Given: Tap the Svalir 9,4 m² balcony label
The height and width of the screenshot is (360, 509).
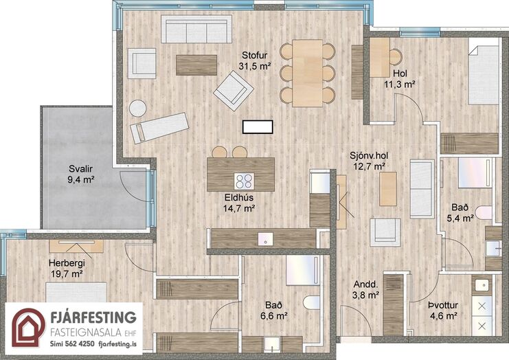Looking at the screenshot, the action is tap(81, 175).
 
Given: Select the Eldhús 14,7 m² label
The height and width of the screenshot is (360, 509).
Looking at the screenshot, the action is tap(239, 203).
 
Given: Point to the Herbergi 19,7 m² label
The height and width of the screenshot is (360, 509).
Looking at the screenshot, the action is tap(67, 268).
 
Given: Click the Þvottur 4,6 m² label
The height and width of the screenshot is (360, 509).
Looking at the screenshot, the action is tap(443, 311).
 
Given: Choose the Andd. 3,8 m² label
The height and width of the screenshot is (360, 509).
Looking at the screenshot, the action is tap(366, 290).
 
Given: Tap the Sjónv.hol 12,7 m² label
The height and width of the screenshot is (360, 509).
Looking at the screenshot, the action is tap(369, 161).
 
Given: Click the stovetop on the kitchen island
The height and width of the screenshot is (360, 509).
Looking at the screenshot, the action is tap(244, 181).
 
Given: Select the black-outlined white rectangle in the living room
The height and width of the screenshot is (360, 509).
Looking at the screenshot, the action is tap(258, 126).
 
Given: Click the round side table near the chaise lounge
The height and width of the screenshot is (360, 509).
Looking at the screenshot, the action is tap(137, 108).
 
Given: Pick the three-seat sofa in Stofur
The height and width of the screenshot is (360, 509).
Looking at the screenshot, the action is tap(196, 30).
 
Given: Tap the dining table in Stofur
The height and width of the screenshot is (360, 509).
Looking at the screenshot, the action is tap(308, 73).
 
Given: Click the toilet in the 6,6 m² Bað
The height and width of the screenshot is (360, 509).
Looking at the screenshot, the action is tap(311, 302).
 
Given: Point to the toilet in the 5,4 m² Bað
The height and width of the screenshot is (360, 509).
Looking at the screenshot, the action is tap(484, 212).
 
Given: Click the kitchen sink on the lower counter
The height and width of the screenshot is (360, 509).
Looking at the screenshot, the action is tap(266, 239).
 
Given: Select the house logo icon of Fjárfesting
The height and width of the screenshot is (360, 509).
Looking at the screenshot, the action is tap(29, 328).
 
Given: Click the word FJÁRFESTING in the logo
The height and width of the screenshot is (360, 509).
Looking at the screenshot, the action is tap(93, 317).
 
